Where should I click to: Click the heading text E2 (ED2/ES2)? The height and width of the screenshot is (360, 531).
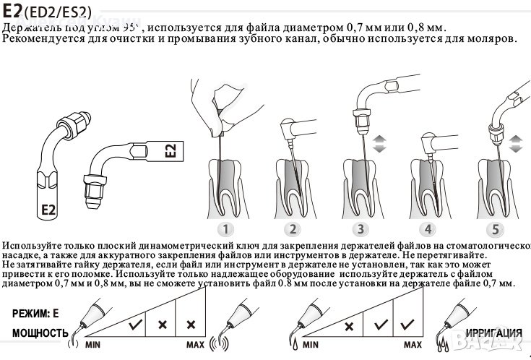click(x=46, y=11)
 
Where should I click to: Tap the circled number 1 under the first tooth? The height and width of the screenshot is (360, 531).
click(x=226, y=230)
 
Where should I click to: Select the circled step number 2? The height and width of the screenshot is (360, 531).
click(x=292, y=230)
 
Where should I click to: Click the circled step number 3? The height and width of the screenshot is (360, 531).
click(x=359, y=230)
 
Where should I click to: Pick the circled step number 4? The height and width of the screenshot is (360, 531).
click(x=428, y=230)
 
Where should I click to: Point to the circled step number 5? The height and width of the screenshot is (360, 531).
click(x=495, y=230)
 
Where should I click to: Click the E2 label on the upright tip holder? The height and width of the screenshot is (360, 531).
click(x=47, y=210)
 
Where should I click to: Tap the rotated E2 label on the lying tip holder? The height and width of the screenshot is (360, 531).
click(x=170, y=150)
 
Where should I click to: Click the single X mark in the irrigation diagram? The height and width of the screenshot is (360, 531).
click(x=349, y=325)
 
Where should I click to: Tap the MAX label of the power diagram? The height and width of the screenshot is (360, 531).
click(x=197, y=346)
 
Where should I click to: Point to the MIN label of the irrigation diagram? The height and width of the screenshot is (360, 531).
click(x=311, y=346)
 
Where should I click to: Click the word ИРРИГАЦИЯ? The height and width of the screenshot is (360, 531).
click(x=494, y=333)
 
